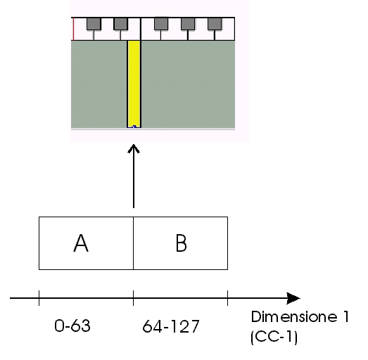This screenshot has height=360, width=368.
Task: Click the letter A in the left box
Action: pos(81,243)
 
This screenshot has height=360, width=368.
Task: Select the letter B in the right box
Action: pos(181,243)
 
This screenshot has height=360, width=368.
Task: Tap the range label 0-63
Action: pos(72,326)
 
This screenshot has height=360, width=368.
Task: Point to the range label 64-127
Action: pos(171,326)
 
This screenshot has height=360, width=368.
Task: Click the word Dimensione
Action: pos(294,316)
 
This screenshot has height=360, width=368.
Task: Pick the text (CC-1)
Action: pos(274,337)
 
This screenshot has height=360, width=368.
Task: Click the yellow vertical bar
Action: pos(134,84)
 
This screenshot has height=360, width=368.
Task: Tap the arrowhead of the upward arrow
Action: pos(134,148)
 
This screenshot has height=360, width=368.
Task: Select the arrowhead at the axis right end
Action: pos(293,298)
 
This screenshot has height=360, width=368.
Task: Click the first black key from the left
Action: pos(94,24)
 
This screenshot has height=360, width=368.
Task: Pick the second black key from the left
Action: pos(120,24)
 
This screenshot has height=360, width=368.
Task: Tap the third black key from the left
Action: pos(161,24)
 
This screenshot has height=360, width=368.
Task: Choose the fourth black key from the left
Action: pos(188,24)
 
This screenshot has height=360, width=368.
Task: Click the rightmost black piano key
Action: pos(215,24)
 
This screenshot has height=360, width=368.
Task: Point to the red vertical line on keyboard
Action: pos(74,29)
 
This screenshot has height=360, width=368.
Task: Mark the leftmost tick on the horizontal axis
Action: pos(39,298)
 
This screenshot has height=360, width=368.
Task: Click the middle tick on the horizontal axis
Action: pos(133,298)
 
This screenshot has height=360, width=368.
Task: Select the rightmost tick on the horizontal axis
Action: pos(228,298)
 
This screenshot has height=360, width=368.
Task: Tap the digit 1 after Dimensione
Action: pos(346,316)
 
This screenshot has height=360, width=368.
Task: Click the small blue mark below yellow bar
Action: pos(134,127)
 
